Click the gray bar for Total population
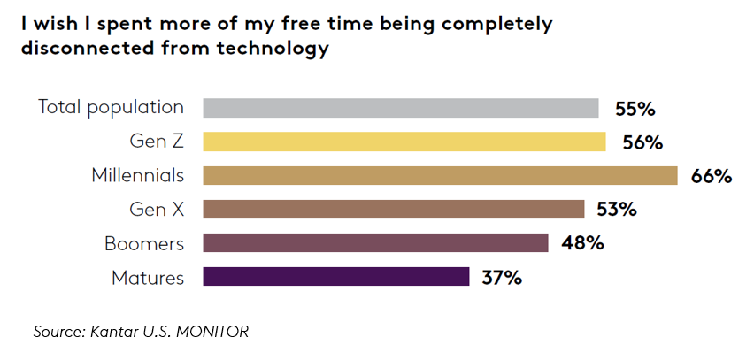pyautogui.click(x=401, y=108)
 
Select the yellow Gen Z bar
pyautogui.click(x=404, y=142)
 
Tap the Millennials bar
pyautogui.click(x=440, y=175)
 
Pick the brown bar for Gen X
pyautogui.click(x=394, y=209)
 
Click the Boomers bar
pyautogui.click(x=375, y=242)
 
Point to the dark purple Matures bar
pyautogui.click(x=335, y=277)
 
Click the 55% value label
pyautogui.click(x=635, y=109)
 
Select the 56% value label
pyautogui.click(x=642, y=142)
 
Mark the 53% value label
pyautogui.click(x=616, y=210)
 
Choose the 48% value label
pyautogui.click(x=582, y=243)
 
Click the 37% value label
pyautogui.click(x=501, y=278)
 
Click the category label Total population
pyautogui.click(x=112, y=108)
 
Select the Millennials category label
pyautogui.click(x=138, y=175)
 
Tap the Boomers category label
pyautogui.click(x=144, y=243)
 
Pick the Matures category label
pyautogui.click(x=148, y=278)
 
